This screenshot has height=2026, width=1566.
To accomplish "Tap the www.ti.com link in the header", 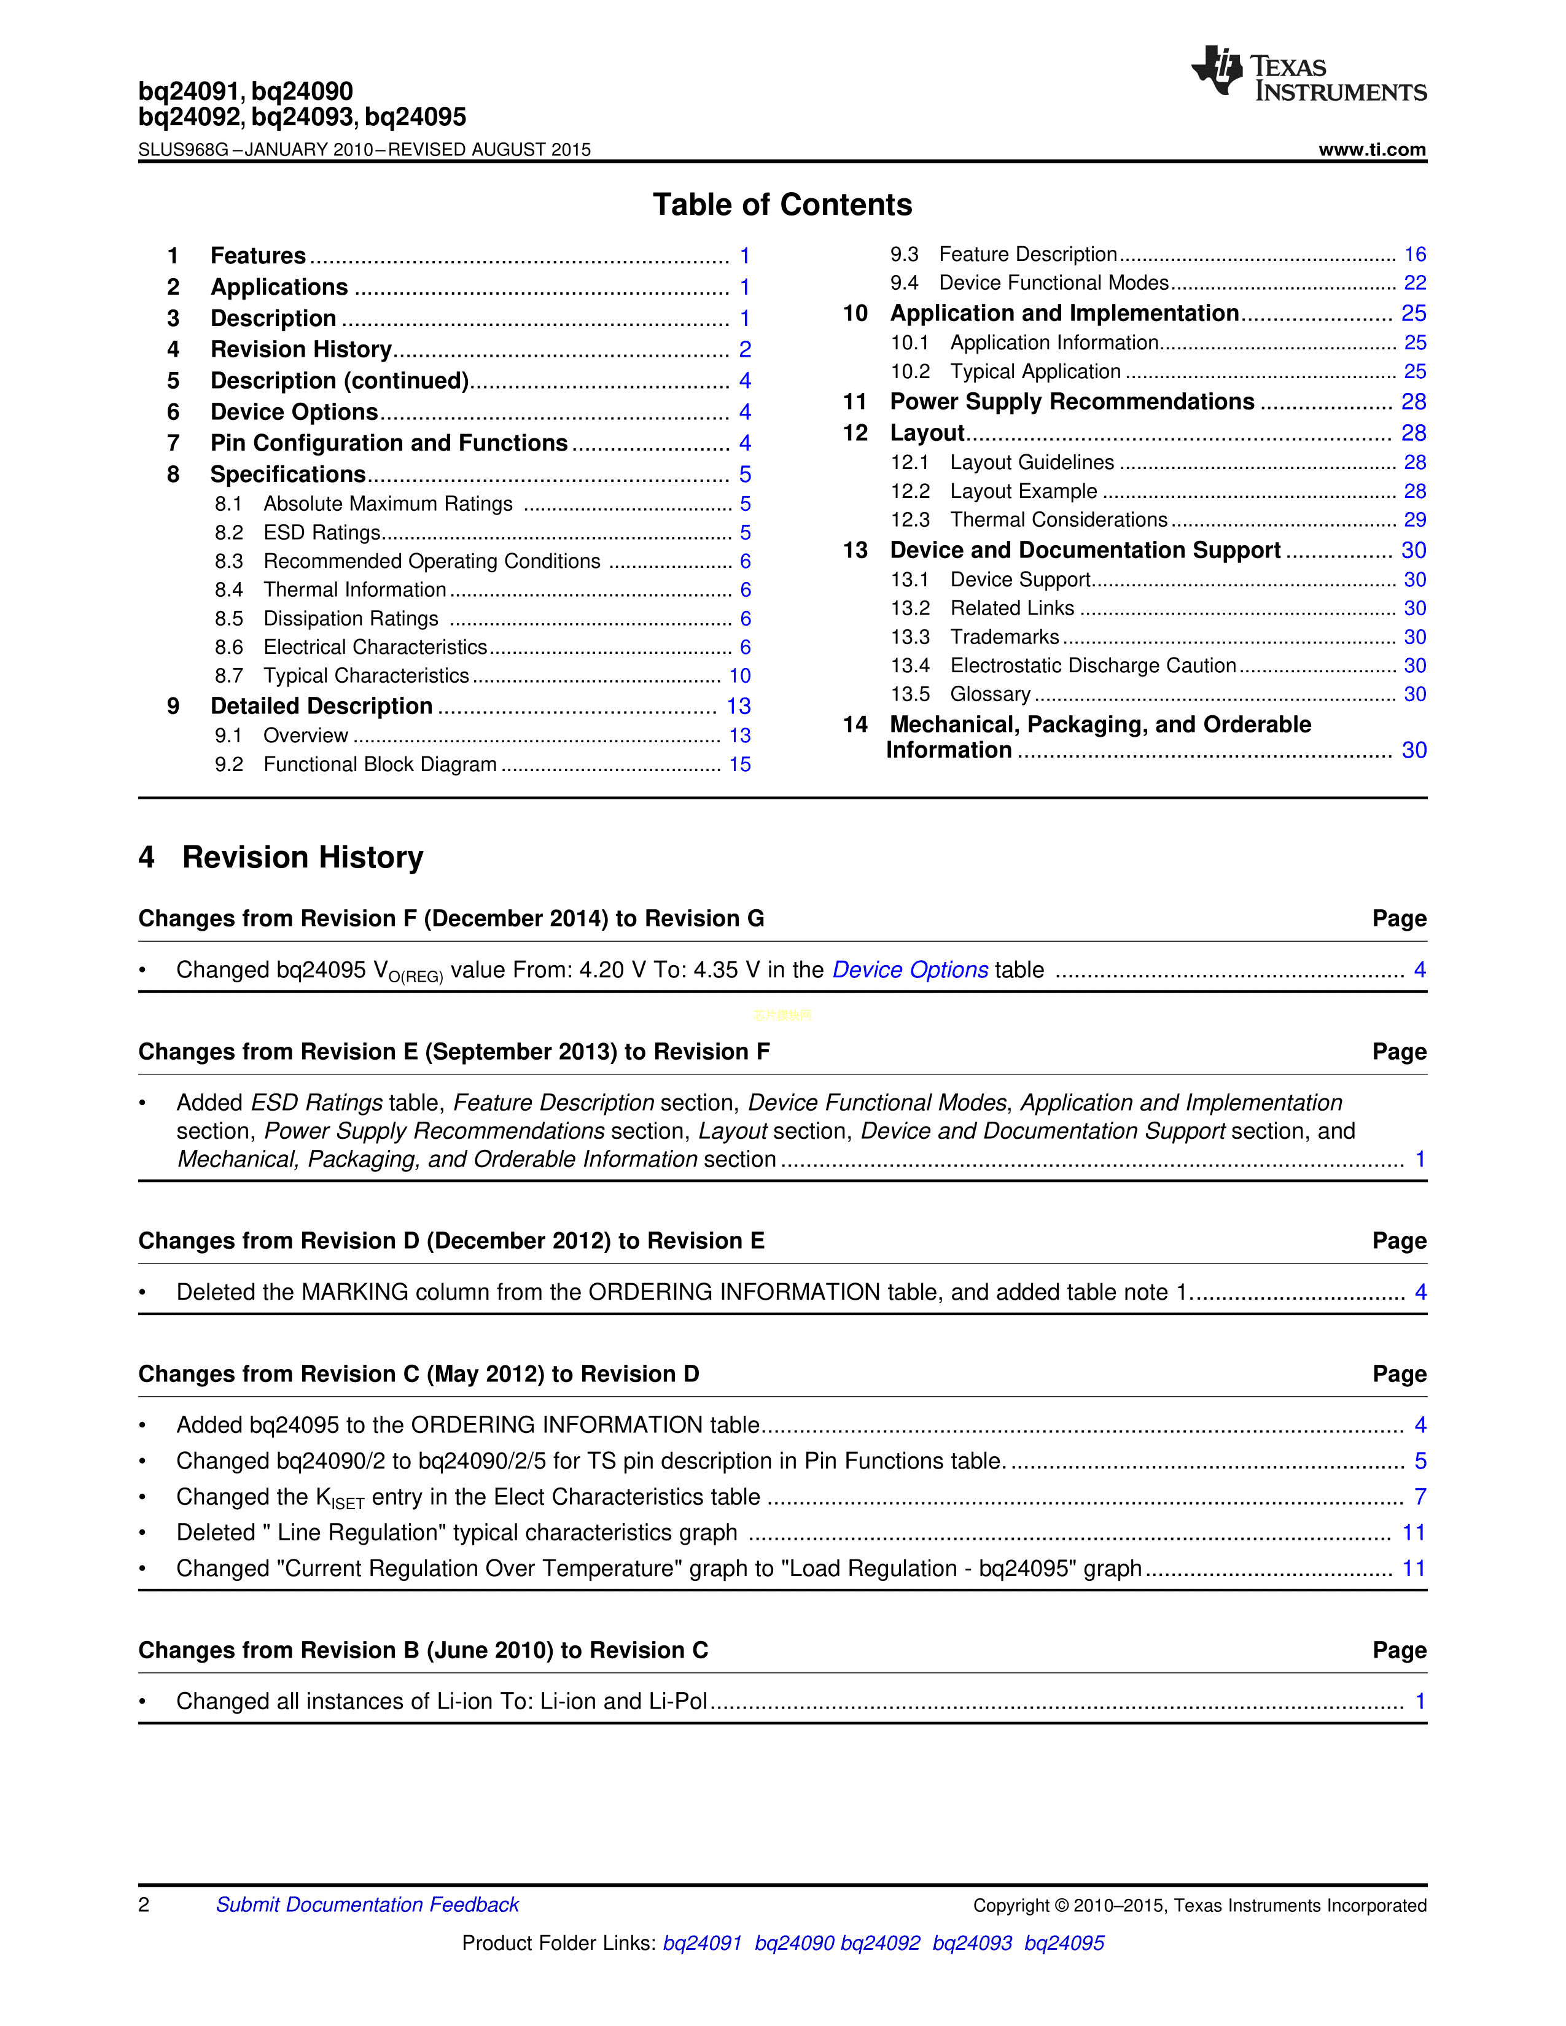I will pyautogui.click(x=1372, y=149).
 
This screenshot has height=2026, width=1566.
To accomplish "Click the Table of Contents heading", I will pyautogui.click(x=782, y=204).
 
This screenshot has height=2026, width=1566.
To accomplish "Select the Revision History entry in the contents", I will pyautogui.click(x=300, y=350).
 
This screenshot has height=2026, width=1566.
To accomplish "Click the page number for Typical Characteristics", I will pyautogui.click(x=739, y=677).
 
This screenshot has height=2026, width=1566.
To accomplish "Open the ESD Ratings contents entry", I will pyautogui.click(x=322, y=532).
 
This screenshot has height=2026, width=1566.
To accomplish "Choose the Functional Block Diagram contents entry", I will pyautogui.click(x=380, y=764).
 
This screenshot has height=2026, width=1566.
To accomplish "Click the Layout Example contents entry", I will pyautogui.click(x=1023, y=492).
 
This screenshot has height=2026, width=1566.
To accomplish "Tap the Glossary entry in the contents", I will pyautogui.click(x=990, y=695).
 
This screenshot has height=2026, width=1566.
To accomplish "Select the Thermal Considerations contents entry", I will pyautogui.click(x=1059, y=521).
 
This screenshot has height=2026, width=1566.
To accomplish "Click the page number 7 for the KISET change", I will pyautogui.click(x=1419, y=1497).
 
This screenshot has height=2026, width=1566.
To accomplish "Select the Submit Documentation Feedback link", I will pyautogui.click(x=367, y=1904).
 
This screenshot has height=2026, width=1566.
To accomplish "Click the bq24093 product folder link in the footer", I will pyautogui.click(x=972, y=1944).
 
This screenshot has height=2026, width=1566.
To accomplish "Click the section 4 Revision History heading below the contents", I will pyautogui.click(x=281, y=857).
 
